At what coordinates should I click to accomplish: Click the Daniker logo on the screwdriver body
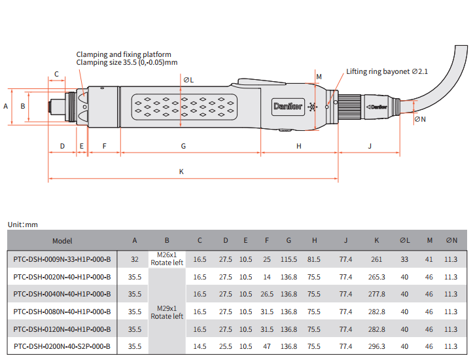(288, 107)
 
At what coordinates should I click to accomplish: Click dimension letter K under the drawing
(182, 171)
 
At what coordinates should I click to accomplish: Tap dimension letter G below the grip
(183, 145)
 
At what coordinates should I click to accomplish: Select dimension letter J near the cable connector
(370, 145)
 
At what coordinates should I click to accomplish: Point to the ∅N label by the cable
(419, 119)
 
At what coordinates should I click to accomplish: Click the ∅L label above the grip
(188, 80)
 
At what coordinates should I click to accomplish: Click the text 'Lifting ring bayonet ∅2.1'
(387, 71)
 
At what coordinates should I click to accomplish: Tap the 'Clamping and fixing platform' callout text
(124, 54)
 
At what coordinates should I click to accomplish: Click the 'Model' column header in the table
(62, 241)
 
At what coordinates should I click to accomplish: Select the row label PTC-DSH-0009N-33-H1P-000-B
(62, 259)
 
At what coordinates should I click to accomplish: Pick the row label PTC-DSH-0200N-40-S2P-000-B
(62, 346)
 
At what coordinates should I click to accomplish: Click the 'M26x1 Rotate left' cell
(167, 259)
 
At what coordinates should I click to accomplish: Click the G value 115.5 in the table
(289, 259)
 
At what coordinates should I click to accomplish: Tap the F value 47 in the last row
(267, 346)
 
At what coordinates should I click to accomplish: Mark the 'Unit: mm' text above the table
(23, 225)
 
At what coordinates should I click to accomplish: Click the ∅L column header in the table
(404, 241)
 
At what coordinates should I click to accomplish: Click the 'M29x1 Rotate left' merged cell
(167, 312)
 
